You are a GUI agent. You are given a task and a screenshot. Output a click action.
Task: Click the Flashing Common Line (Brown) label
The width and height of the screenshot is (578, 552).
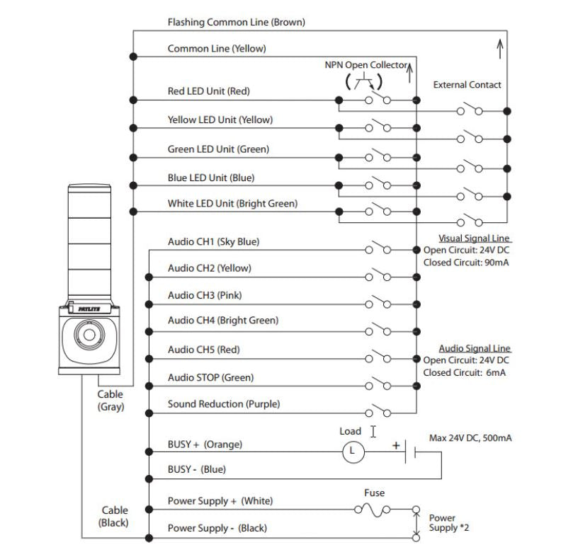click(236, 23)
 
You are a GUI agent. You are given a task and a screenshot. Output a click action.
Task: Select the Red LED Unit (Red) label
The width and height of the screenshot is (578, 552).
click(208, 91)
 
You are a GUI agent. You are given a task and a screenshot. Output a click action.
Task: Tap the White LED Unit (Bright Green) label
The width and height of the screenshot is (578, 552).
click(232, 204)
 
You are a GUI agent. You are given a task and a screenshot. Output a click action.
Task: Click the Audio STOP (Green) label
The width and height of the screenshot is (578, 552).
click(210, 378)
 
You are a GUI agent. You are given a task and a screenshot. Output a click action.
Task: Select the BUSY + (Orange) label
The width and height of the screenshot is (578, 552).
click(205, 444)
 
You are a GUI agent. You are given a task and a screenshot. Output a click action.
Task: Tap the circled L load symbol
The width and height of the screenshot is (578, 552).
click(353, 451)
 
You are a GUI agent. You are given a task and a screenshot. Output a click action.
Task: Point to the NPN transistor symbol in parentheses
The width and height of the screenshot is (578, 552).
click(364, 81)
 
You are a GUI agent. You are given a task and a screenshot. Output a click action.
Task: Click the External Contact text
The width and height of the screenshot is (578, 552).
click(467, 85)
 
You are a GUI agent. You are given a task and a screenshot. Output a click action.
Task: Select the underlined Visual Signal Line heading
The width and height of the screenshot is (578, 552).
click(474, 238)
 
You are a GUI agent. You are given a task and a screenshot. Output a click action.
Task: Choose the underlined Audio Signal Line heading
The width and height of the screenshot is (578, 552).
click(474, 348)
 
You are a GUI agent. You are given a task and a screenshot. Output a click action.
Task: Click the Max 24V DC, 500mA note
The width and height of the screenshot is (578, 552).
click(470, 438)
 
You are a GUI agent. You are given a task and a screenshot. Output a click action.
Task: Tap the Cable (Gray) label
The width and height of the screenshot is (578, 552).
click(110, 401)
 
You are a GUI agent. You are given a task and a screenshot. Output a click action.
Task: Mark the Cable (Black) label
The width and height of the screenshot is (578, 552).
click(113, 516)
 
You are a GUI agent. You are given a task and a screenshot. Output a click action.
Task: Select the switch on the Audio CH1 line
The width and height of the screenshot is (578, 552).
click(378, 249)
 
